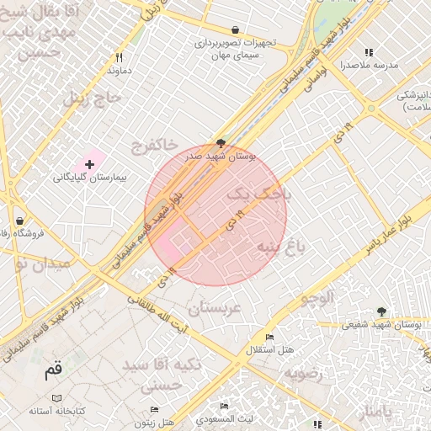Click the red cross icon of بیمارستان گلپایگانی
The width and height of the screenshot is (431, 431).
tap(90, 163)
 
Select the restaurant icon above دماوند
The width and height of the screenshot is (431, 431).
tap(119, 57)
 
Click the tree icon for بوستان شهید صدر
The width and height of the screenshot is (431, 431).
tap(221, 144)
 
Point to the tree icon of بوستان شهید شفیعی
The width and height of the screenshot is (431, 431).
tap(381, 311)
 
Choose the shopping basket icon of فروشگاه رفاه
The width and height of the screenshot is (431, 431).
tap(19, 221)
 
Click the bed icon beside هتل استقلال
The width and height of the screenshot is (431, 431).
tap(269, 337)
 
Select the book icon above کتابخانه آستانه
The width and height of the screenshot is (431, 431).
tap(56, 398)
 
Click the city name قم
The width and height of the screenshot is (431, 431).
tap(53, 370)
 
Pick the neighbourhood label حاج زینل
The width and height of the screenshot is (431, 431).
tap(93, 98)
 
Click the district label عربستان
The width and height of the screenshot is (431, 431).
tap(215, 309)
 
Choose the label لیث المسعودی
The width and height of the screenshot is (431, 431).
tap(223, 418)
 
